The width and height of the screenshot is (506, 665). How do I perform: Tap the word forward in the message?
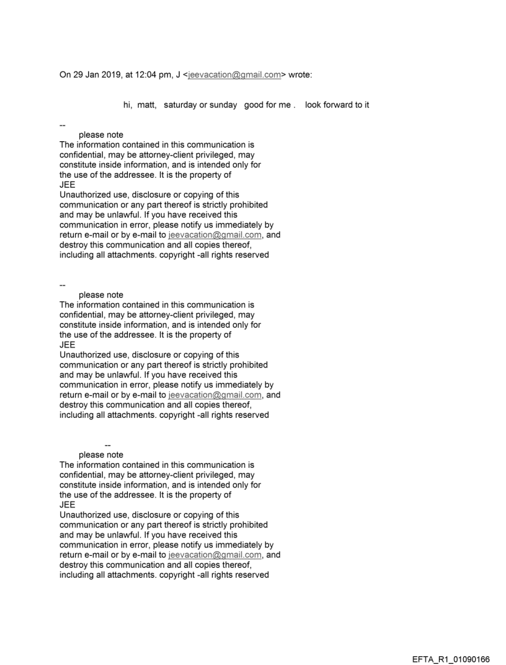point(335,105)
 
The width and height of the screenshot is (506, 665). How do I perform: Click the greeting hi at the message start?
point(127,105)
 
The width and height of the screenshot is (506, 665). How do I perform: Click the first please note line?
point(101,134)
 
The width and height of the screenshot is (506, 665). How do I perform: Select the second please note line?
point(101,294)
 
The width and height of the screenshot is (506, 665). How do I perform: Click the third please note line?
point(101,454)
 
